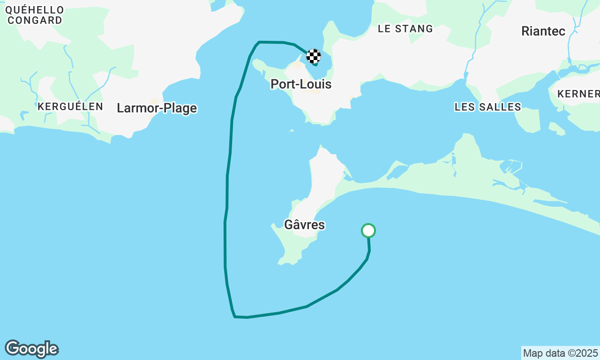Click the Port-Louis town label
pyautogui.click(x=301, y=84)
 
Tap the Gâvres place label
pyautogui.click(x=304, y=225)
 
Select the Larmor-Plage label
pyautogui.click(x=157, y=108)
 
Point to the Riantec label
pyautogui.click(x=543, y=31)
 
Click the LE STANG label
pyautogui.click(x=405, y=29)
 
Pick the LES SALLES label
pyautogui.click(x=487, y=107)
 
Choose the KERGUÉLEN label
pyautogui.click(x=70, y=106)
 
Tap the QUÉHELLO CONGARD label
pyautogui.click(x=35, y=15)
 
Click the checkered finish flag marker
pyautogui.click(x=314, y=56)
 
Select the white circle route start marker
pyautogui.click(x=368, y=231)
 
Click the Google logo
pyautogui.click(x=31, y=349)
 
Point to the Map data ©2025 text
pyautogui.click(x=560, y=353)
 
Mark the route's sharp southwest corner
pyautogui.click(x=234, y=317)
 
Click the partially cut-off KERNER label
pyautogui.click(x=578, y=94)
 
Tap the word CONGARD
pyautogui.click(x=35, y=20)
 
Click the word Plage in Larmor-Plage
pyautogui.click(x=178, y=108)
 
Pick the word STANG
pyautogui.click(x=414, y=29)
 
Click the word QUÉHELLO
pyautogui.click(x=35, y=10)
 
